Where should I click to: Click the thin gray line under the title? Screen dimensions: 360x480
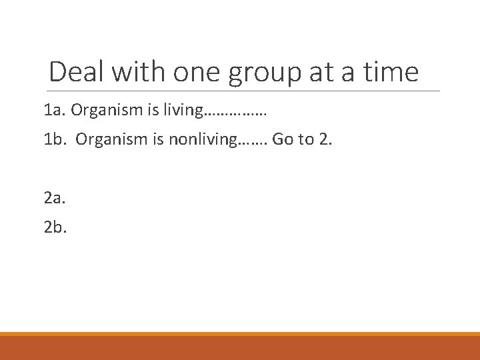(x=244, y=91)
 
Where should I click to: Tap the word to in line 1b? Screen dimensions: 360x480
(x=305, y=140)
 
